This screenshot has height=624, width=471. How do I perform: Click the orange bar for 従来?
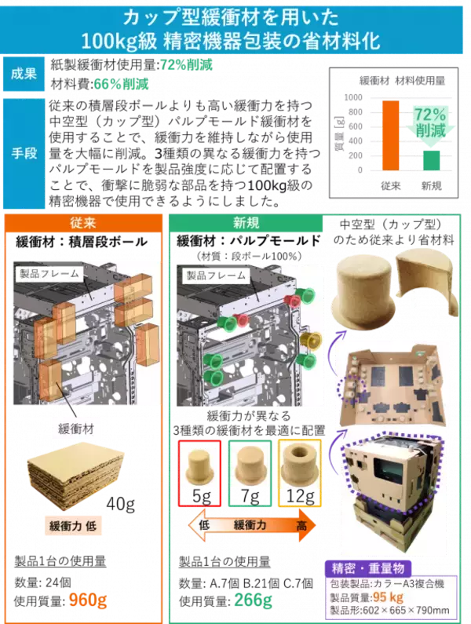point(390,135)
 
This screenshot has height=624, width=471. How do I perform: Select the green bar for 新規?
point(431,160)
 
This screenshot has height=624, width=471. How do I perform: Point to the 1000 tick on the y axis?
point(353,97)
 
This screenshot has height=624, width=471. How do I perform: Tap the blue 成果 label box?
point(24,74)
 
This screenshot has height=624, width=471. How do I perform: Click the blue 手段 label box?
point(24,153)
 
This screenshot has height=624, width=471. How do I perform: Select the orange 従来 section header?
point(83,223)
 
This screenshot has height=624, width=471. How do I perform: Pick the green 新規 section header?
point(246,223)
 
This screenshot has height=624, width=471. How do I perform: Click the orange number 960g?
point(88,600)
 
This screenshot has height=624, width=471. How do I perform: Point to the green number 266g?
point(254,600)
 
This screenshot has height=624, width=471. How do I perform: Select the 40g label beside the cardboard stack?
point(120,505)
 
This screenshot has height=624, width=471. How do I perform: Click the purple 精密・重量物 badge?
point(368,568)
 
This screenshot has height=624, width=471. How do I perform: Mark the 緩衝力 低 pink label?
point(73,526)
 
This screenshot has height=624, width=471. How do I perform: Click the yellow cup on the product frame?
point(311,341)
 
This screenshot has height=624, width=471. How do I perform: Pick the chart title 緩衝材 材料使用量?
point(402,81)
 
